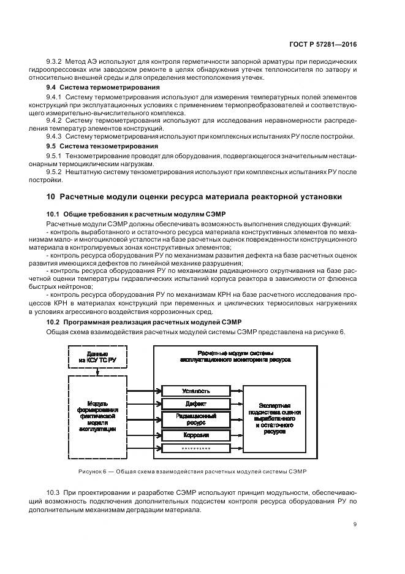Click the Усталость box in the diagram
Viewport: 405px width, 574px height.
point(196,391)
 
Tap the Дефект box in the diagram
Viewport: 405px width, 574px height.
point(196,404)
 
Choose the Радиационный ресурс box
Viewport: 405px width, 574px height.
point(196,419)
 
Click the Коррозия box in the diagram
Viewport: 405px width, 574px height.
point(196,435)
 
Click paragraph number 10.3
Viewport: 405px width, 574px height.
point(54,492)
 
